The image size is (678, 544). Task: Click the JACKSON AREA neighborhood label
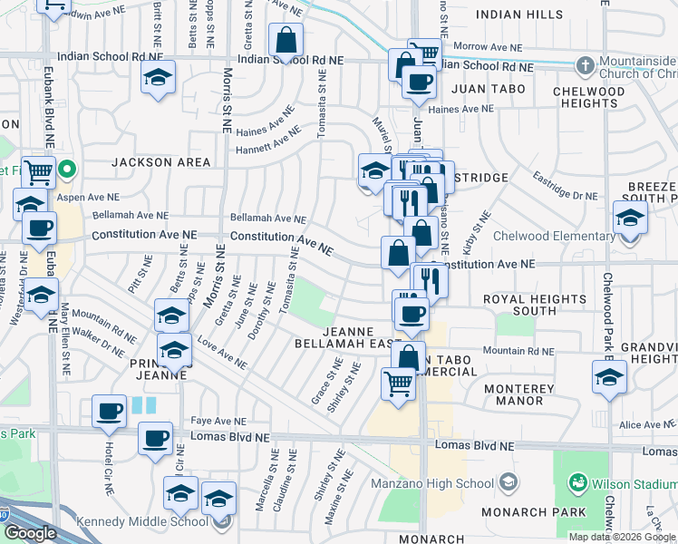click(160, 162)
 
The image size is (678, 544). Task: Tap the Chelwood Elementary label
click(553, 237)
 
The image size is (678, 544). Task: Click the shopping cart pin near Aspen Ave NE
click(38, 170)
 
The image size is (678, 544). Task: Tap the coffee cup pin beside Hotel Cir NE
click(110, 411)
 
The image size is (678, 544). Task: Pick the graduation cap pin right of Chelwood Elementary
click(630, 219)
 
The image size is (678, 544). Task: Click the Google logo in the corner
click(30, 533)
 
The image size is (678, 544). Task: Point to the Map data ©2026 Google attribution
click(622, 537)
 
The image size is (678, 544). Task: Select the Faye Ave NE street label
click(219, 422)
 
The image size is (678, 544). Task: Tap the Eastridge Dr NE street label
click(565, 185)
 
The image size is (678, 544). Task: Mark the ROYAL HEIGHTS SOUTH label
click(534, 305)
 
